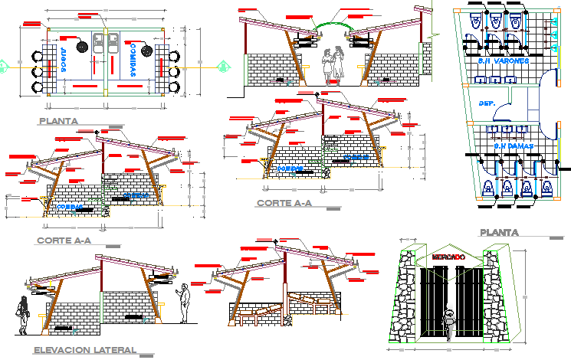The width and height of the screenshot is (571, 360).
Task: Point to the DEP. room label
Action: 486,103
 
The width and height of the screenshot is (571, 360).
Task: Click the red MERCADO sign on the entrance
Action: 448,257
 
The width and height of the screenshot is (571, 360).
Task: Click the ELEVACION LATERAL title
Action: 85,350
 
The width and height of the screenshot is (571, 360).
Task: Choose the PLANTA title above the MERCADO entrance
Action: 499,232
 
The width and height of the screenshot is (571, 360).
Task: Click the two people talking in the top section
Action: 330,64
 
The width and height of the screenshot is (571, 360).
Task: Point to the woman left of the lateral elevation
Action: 24,316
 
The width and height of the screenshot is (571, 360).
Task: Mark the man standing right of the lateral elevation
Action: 184,303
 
